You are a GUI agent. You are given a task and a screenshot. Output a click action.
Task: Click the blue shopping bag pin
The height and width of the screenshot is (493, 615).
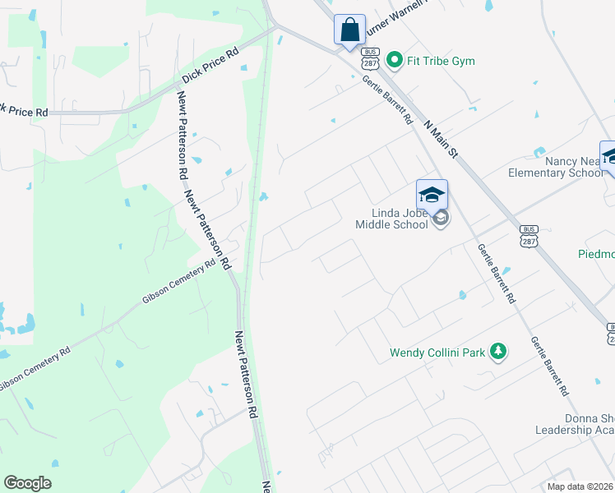coord(349,30)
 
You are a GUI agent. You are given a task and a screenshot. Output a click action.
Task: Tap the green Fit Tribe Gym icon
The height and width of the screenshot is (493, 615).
coord(394,60)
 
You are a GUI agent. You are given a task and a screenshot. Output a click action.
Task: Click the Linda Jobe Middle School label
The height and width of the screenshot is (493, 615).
coord(391,218)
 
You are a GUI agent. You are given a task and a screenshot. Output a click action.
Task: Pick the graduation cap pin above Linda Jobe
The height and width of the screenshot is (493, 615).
coord(432,196)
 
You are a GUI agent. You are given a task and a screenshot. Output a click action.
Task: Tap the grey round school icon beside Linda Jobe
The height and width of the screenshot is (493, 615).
coord(442,218)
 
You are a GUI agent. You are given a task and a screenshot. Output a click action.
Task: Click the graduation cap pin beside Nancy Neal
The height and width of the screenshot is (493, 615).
coord(610,156)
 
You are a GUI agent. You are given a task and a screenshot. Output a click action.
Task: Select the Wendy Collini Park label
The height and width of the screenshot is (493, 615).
coord(437,353)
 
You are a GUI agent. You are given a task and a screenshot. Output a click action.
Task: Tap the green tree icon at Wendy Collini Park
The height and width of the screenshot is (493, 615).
coord(497,352)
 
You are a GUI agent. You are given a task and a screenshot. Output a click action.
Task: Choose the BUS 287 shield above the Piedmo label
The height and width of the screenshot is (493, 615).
coord(529,235)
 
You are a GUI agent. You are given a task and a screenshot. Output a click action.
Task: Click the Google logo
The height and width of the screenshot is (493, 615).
coord(27,483)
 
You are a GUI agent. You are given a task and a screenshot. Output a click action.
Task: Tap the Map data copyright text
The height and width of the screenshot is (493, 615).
coord(580,486)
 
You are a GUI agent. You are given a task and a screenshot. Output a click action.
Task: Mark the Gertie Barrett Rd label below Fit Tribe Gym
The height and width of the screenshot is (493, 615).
coord(387,99)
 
